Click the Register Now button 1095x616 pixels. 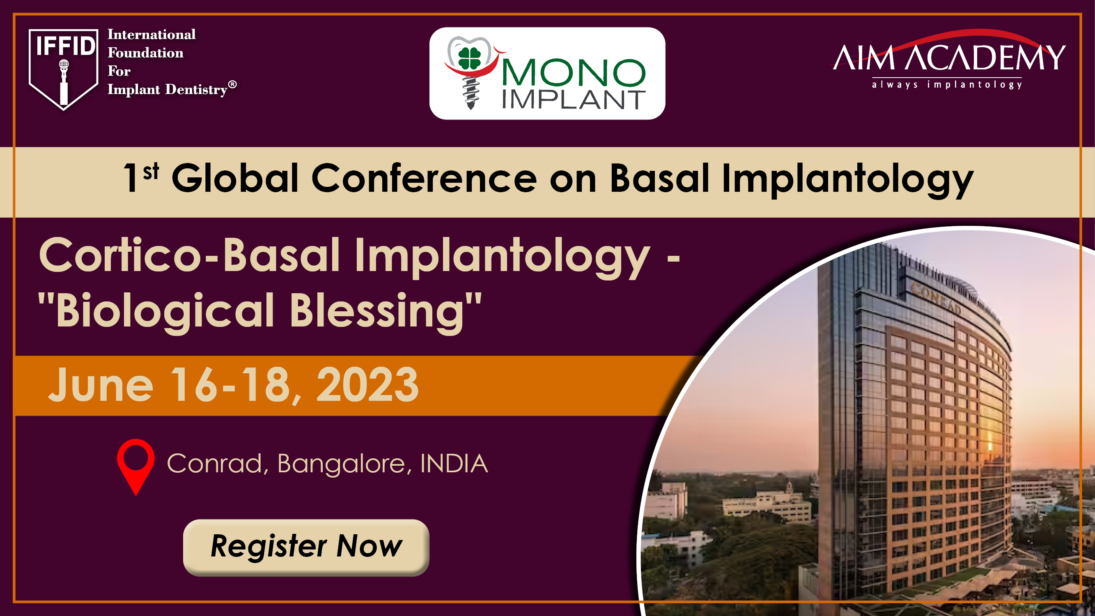coord(306,547)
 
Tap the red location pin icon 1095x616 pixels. coord(135,467)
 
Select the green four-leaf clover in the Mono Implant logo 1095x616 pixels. coord(469,58)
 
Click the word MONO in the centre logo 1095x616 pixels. coord(574,73)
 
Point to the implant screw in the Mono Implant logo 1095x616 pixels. coord(471,93)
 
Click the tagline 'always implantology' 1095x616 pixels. coord(947,85)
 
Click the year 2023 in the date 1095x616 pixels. coord(367,385)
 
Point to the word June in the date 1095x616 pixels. coord(101,385)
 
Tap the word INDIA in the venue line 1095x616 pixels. coord(454,463)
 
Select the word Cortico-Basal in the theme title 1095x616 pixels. coord(190,255)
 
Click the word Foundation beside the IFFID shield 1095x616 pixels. coord(145,53)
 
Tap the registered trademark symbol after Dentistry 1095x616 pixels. coord(232,84)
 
